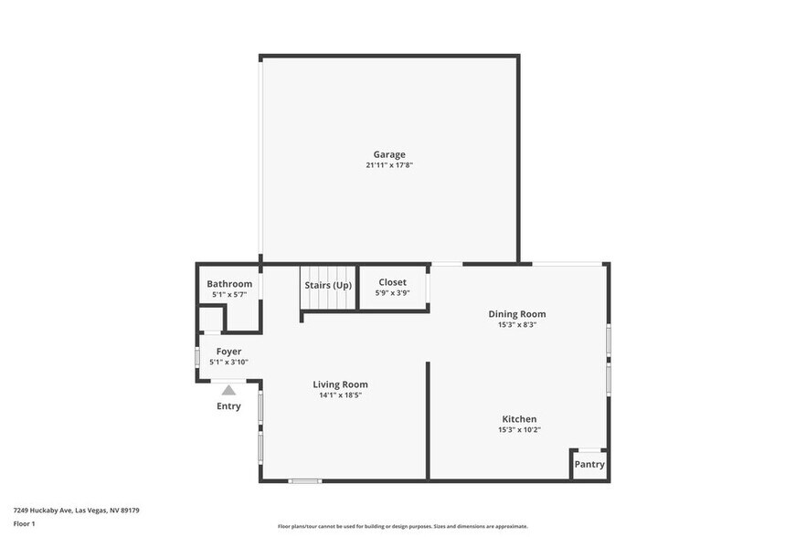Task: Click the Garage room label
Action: [x=388, y=154]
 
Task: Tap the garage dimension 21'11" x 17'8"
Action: [x=388, y=165]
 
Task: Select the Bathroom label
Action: [x=229, y=284]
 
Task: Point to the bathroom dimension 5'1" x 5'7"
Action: [x=229, y=295]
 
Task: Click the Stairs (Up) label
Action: [x=328, y=285]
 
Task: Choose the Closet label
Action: [x=392, y=282]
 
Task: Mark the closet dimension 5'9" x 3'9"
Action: [x=392, y=293]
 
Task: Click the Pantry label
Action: [x=589, y=464]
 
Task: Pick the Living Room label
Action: [x=340, y=384]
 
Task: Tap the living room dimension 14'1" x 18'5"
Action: [x=340, y=395]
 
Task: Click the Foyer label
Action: [x=228, y=351]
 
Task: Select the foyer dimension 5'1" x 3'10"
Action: [x=228, y=362]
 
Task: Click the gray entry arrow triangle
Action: [x=228, y=390]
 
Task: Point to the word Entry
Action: [x=228, y=406]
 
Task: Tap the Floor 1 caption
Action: [x=24, y=523]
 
